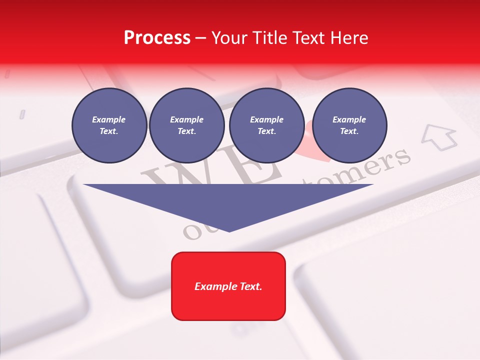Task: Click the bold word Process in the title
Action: [157, 37]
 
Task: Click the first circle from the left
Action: [109, 125]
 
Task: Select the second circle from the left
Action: [186, 125]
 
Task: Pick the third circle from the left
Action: [266, 125]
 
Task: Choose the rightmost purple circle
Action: [349, 125]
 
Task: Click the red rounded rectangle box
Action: [228, 286]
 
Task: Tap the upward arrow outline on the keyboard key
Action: [439, 136]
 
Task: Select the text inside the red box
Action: [228, 286]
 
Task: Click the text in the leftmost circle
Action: [109, 125]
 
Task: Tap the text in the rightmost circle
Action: [349, 125]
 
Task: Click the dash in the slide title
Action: [200, 37]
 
